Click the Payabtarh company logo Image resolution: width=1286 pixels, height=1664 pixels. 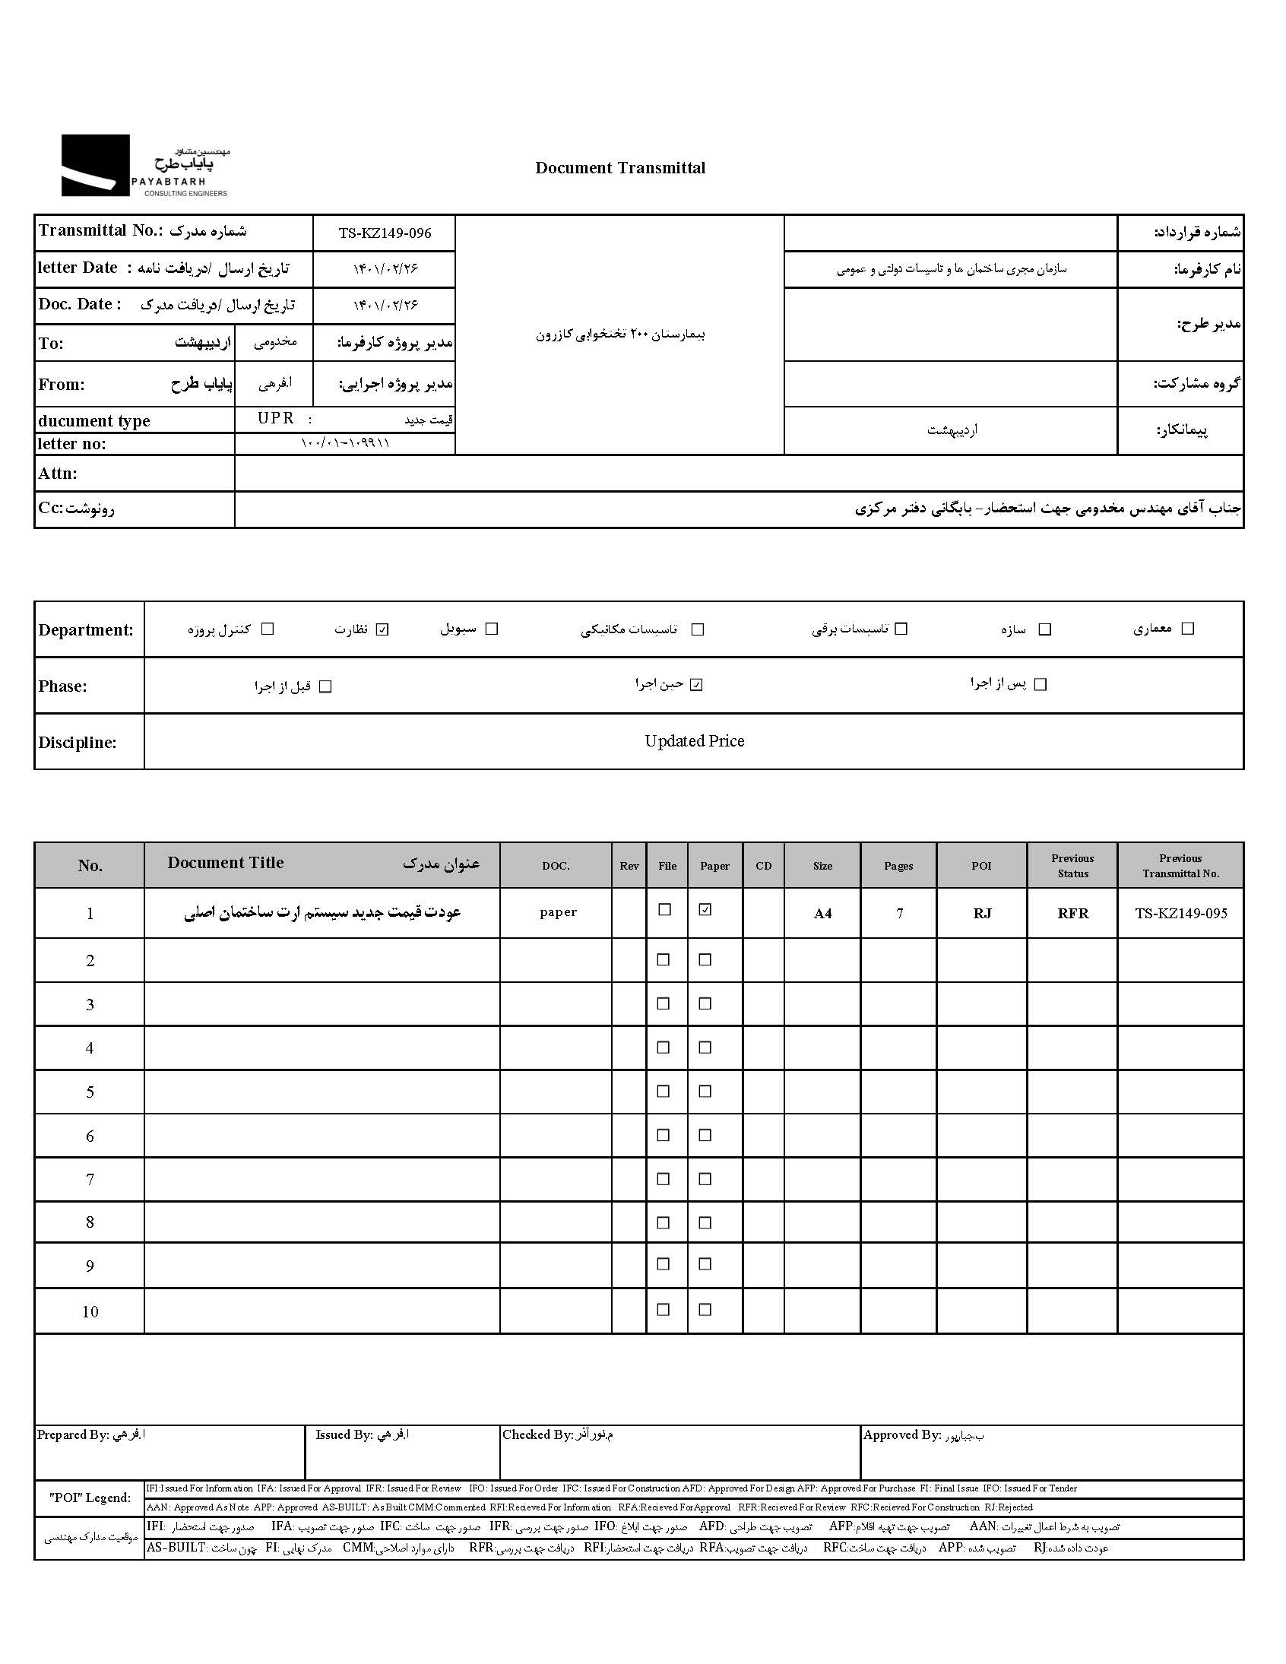(x=144, y=166)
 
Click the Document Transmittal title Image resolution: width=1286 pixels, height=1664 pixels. (x=620, y=168)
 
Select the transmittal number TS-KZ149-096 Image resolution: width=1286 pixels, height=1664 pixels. (x=385, y=233)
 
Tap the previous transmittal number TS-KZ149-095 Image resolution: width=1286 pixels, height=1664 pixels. (x=1181, y=913)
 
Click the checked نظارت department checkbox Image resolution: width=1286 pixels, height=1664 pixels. (x=382, y=629)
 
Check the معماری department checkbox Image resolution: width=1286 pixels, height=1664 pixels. (x=1187, y=629)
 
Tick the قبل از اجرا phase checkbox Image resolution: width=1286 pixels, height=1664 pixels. (x=325, y=686)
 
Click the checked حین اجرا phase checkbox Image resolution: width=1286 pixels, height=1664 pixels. (x=695, y=685)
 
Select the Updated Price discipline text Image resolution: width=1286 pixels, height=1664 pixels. (x=694, y=740)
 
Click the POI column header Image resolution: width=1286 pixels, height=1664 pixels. (x=981, y=866)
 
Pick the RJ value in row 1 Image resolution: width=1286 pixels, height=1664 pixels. (x=982, y=913)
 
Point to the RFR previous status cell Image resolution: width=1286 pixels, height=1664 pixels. (x=1072, y=913)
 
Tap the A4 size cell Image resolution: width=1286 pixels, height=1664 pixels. (x=822, y=913)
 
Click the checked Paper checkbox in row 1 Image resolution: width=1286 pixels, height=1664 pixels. (x=705, y=910)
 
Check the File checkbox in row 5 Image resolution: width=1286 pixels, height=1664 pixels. (x=664, y=1091)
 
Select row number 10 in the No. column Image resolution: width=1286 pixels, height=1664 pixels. (x=90, y=1311)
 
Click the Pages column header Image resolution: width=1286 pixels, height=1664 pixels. (x=898, y=866)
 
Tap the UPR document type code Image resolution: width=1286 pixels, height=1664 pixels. (x=276, y=418)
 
